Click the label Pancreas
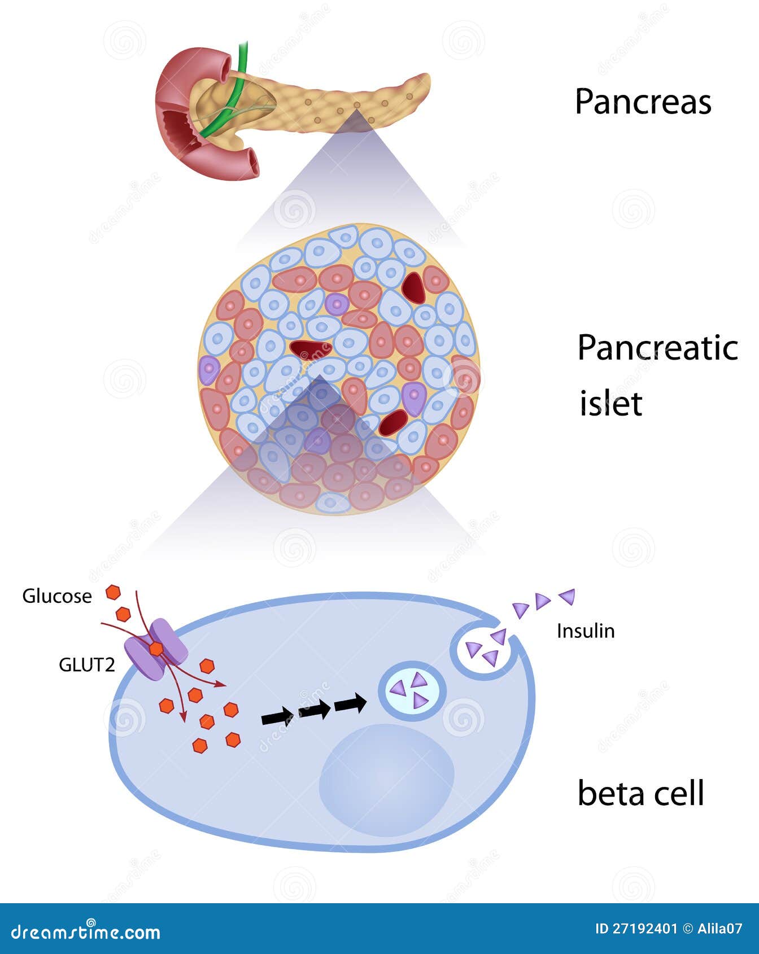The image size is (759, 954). tap(643, 102)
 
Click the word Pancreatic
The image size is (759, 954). tap(657, 348)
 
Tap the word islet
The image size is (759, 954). tap(611, 404)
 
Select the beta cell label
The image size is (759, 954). tap(641, 793)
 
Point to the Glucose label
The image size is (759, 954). tap(56, 596)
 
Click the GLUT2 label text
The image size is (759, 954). tap(86, 665)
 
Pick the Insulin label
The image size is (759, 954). tap(586, 631)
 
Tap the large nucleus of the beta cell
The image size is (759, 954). tap(387, 780)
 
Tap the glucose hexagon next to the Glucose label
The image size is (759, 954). tap(114, 593)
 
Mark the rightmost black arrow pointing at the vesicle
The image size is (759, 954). tap(350, 704)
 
